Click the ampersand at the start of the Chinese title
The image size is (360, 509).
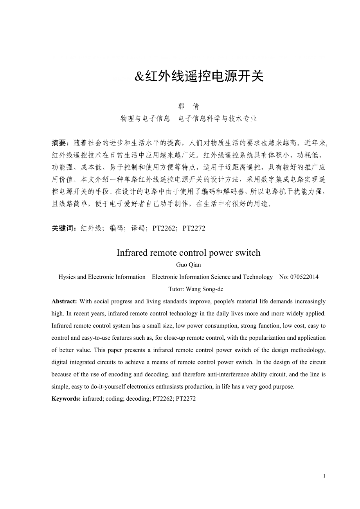click(140, 77)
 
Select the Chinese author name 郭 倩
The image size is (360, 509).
click(189, 107)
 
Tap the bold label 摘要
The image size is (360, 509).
click(60, 143)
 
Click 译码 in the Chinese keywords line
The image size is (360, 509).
click(140, 228)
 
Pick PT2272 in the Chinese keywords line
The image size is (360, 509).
click(194, 228)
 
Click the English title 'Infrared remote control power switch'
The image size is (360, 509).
click(188, 253)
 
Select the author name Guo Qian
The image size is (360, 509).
click(188, 265)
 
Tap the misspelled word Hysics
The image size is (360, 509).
click(67, 277)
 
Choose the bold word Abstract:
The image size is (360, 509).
click(65, 301)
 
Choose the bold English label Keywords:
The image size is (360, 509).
click(66, 399)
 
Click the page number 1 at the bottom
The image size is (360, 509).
click(324, 476)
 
